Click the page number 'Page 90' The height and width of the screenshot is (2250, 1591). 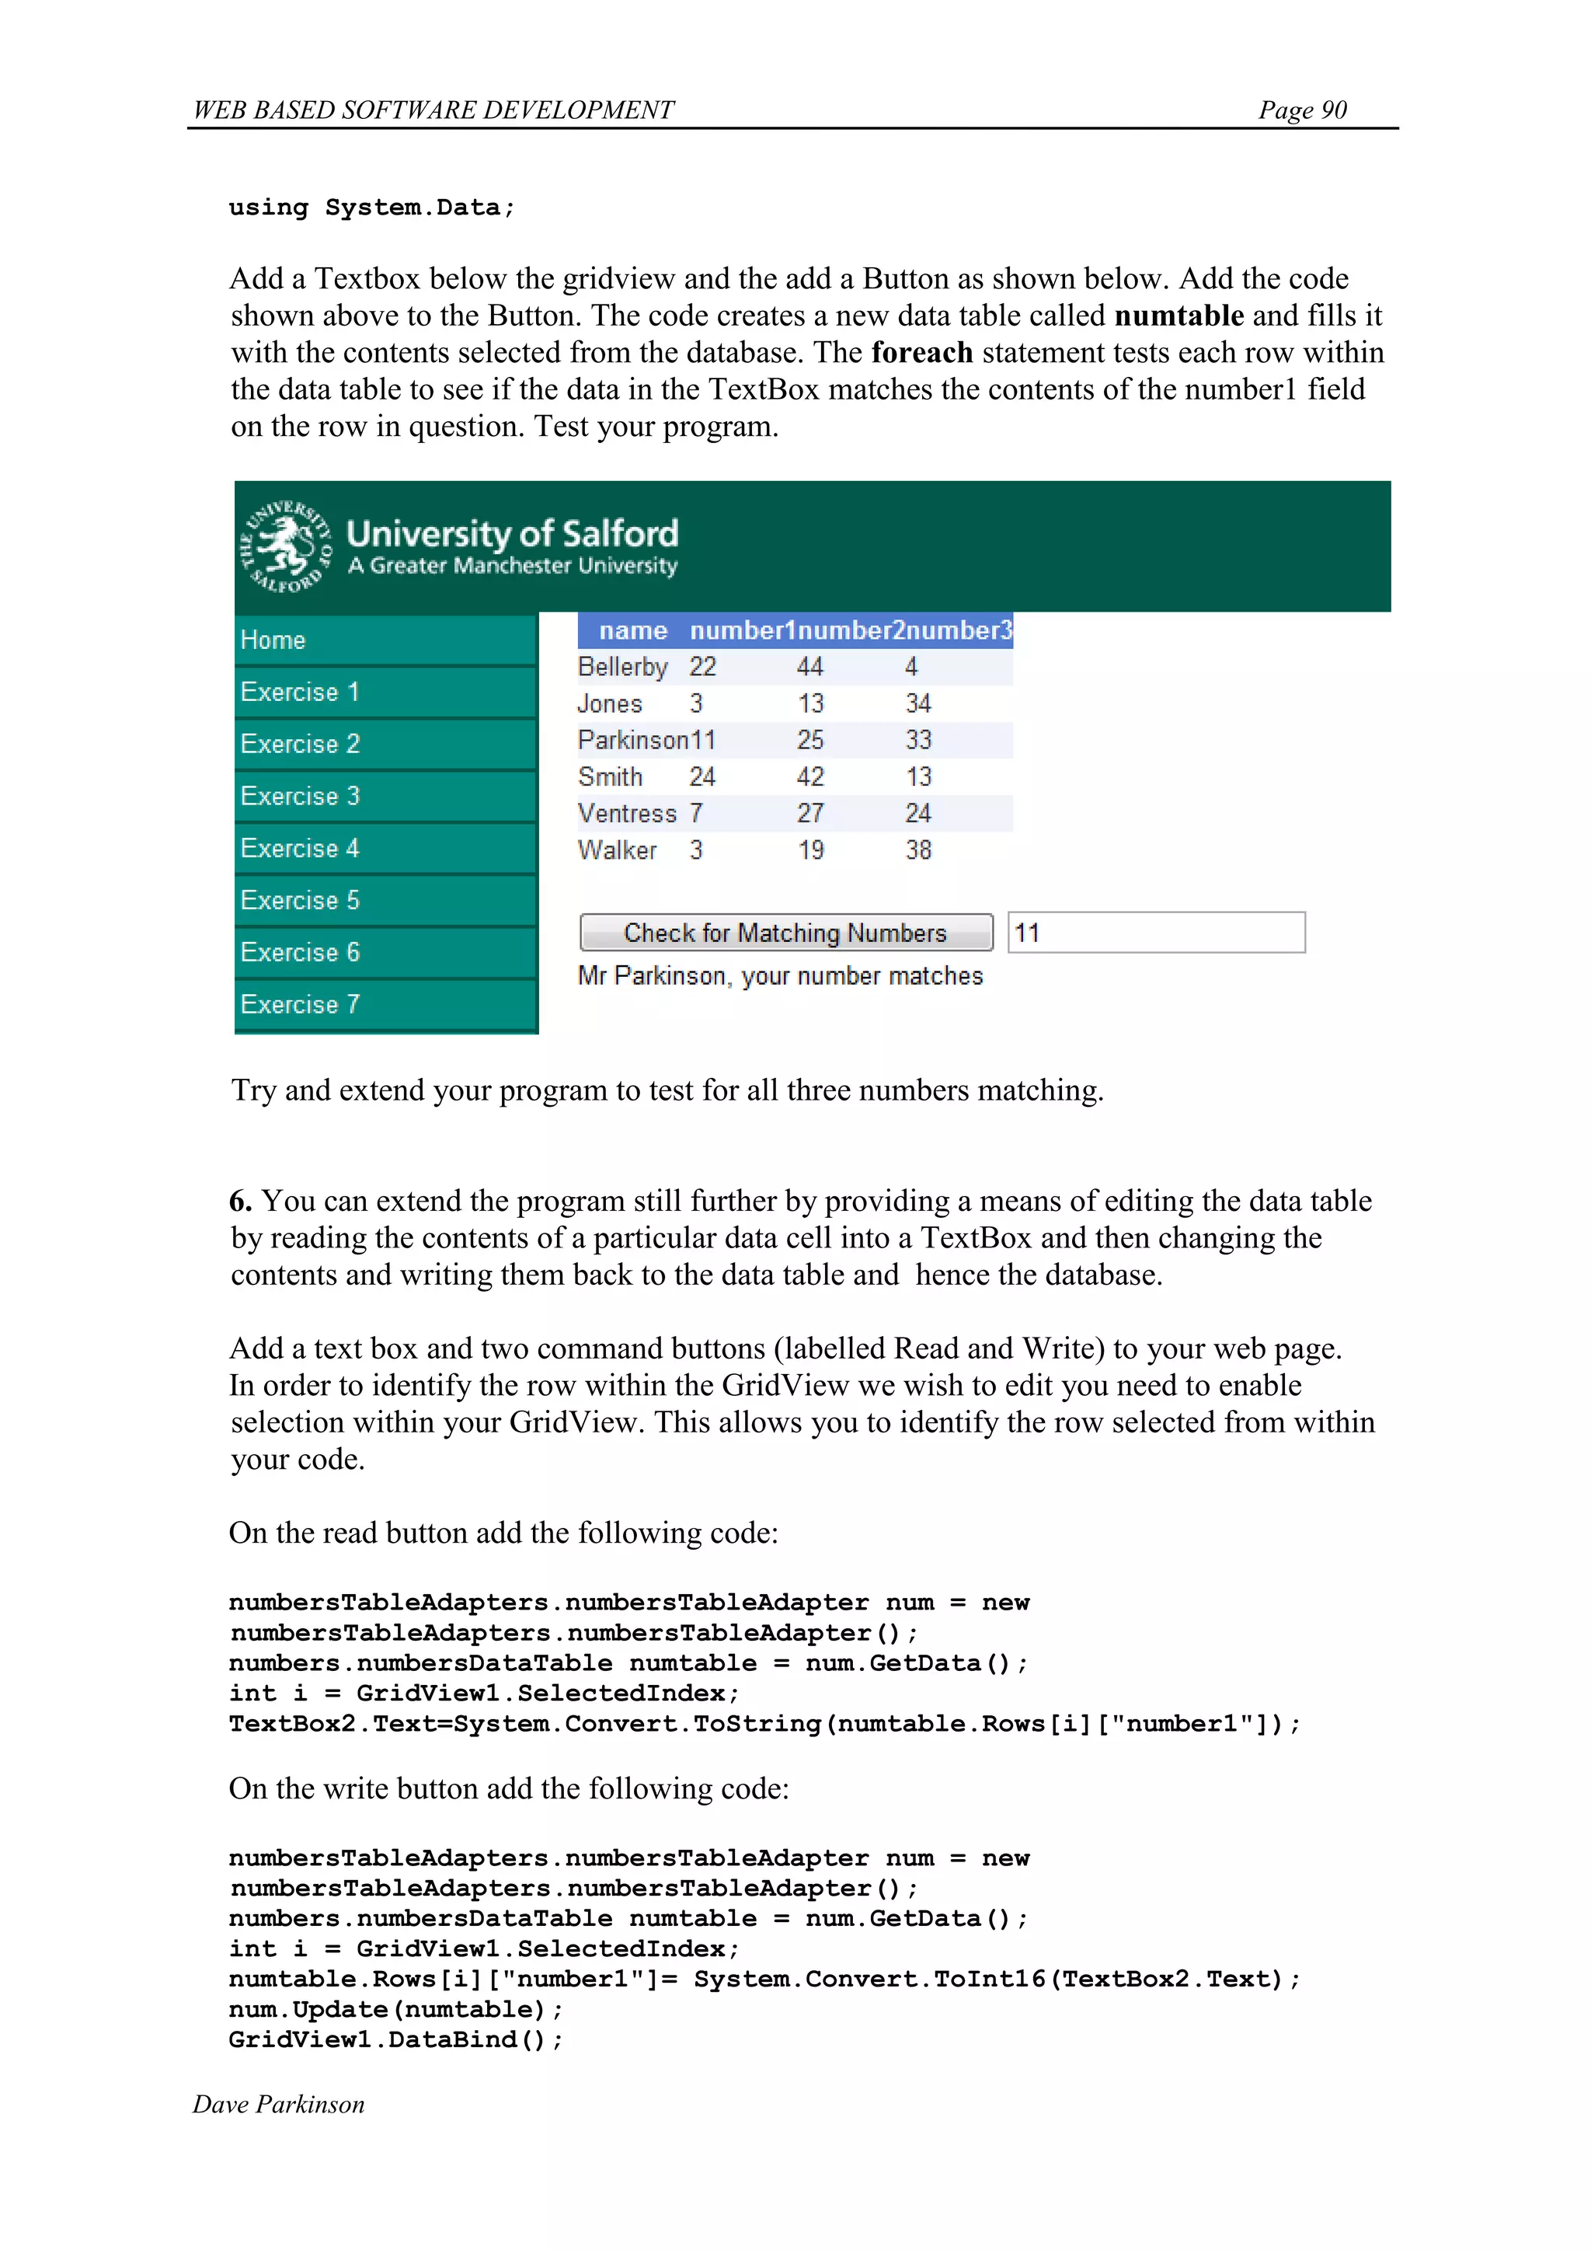click(x=1302, y=110)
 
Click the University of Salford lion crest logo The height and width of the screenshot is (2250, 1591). click(x=285, y=547)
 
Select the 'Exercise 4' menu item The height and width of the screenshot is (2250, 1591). click(x=300, y=848)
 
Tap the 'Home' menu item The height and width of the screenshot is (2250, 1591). click(x=273, y=640)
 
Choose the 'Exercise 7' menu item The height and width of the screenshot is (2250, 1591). click(x=300, y=1004)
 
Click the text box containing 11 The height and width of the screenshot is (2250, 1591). click(x=1156, y=932)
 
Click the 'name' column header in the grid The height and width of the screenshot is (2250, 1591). click(x=633, y=630)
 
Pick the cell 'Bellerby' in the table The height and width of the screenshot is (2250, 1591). click(x=622, y=668)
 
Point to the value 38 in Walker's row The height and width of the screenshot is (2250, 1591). click(x=918, y=850)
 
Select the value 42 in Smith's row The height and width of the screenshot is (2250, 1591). click(x=810, y=777)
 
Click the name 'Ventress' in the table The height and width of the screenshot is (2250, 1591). click(x=627, y=814)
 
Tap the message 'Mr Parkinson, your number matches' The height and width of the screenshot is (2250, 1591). click(x=780, y=976)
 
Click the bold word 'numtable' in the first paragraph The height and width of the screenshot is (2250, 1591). click(x=1178, y=316)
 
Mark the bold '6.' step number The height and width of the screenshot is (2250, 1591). click(x=241, y=1202)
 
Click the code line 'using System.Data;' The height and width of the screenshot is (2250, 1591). click(x=371, y=208)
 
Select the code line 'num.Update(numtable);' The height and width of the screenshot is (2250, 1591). click(x=395, y=2010)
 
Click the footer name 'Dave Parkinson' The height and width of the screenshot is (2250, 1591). click(x=278, y=2105)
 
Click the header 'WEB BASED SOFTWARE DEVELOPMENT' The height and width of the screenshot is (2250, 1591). click(x=433, y=110)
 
